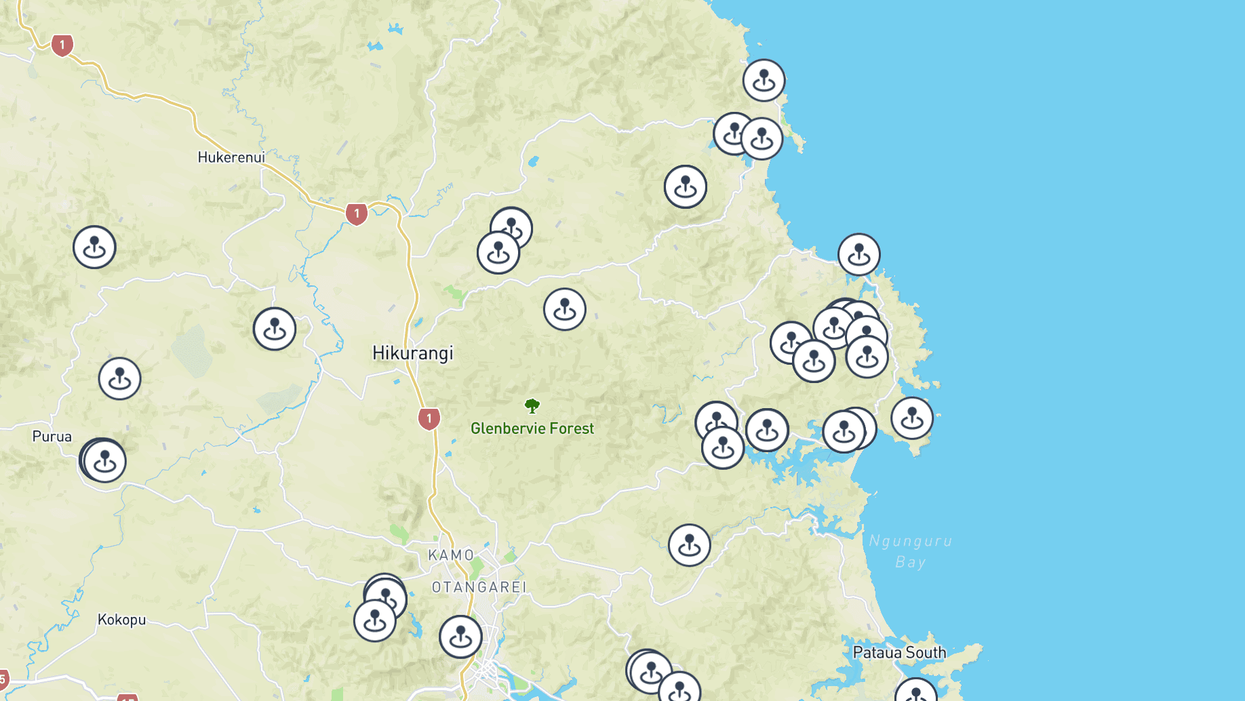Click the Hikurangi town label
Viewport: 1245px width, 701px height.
click(412, 353)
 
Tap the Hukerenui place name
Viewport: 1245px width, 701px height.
click(231, 157)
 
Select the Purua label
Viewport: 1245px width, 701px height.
click(52, 437)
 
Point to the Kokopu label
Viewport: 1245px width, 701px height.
click(121, 620)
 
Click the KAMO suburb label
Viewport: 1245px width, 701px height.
click(451, 555)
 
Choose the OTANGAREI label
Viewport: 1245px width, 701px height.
click(479, 587)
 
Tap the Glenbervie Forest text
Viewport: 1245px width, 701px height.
click(532, 428)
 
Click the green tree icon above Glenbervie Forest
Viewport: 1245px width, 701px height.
click(532, 406)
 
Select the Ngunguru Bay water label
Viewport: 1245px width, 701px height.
click(911, 551)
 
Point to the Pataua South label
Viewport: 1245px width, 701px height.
click(899, 653)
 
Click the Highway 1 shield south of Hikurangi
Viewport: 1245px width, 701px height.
click(429, 418)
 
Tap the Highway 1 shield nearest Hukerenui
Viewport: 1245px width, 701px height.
click(357, 214)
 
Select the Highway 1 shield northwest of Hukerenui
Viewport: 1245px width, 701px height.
click(62, 45)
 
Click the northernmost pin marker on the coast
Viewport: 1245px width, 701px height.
click(764, 80)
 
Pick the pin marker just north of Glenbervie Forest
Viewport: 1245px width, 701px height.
click(565, 309)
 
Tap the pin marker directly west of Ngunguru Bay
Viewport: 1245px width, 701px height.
click(690, 545)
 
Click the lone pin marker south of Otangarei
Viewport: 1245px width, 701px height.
click(461, 637)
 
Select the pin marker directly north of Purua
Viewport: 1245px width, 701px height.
click(120, 378)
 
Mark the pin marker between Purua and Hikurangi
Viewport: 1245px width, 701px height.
click(275, 329)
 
